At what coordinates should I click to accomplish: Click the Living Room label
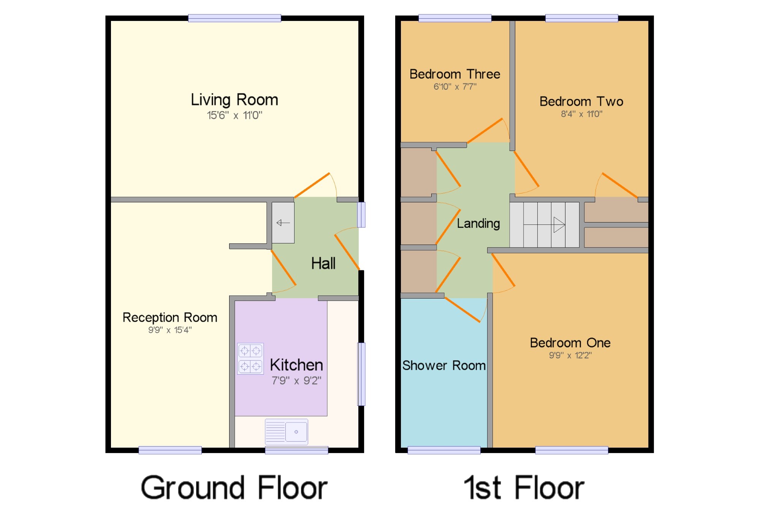point(234,100)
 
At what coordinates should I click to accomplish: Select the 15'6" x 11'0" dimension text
point(234,115)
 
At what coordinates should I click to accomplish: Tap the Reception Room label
point(170,318)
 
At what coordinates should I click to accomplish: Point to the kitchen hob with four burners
point(250,359)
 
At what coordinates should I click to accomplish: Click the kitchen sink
point(287,432)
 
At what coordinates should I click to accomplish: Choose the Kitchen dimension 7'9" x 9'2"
point(296,380)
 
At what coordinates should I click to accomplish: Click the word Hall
point(323,263)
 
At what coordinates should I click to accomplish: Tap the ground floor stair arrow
point(283,223)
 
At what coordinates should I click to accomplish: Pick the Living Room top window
point(234,18)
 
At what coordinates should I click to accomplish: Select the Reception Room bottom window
point(170,450)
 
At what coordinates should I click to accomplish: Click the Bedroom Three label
point(455,74)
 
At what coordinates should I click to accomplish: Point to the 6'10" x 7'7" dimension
point(455,87)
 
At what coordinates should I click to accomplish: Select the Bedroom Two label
point(581,102)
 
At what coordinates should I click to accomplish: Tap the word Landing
point(478,224)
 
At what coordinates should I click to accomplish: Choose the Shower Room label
point(444,366)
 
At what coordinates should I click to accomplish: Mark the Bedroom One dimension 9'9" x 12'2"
point(570,355)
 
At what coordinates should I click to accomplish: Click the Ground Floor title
point(234,488)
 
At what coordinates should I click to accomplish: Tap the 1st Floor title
point(524,488)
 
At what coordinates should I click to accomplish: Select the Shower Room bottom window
point(444,450)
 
